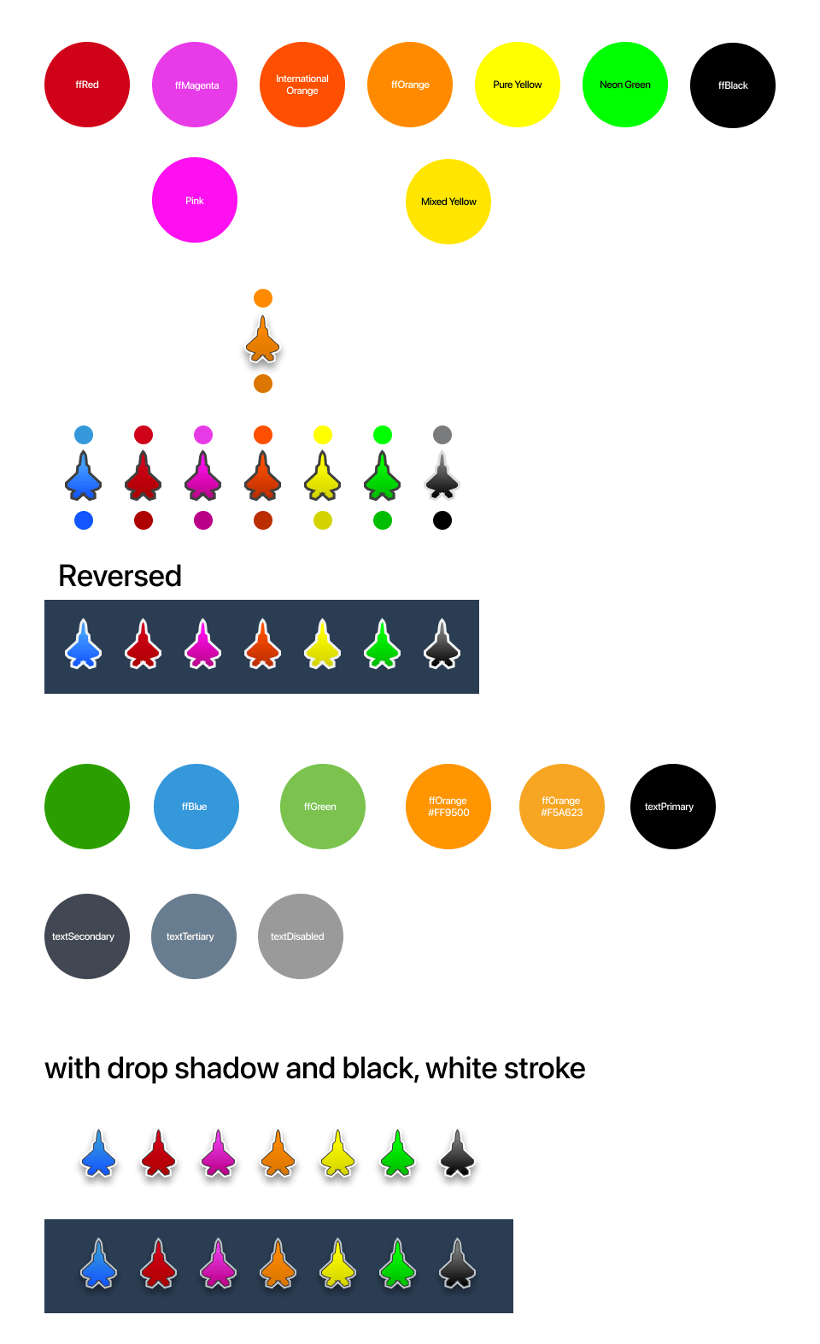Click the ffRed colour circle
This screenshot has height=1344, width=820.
tap(87, 85)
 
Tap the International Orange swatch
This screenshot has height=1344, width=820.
tap(302, 85)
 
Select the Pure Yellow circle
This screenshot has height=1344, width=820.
tap(518, 85)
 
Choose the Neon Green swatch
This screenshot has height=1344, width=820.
tap(625, 85)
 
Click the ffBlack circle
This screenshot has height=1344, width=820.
tap(733, 85)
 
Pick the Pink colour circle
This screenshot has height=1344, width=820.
tap(195, 200)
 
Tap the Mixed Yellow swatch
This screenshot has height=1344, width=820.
tap(448, 202)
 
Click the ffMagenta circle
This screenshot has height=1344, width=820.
tap(195, 85)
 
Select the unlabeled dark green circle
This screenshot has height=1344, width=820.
tap(87, 807)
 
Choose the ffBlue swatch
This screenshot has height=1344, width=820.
tap(196, 807)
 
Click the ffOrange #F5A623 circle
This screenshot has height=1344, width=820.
tap(562, 807)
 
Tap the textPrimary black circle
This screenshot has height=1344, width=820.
tap(673, 807)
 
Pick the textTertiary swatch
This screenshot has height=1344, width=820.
tap(194, 936)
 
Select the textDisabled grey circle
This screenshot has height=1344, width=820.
tap(301, 936)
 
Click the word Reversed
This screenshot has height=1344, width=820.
tap(120, 576)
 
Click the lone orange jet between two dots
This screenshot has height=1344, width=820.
tap(263, 340)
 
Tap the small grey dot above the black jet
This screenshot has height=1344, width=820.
tap(442, 435)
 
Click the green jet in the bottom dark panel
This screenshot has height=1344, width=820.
tap(398, 1264)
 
